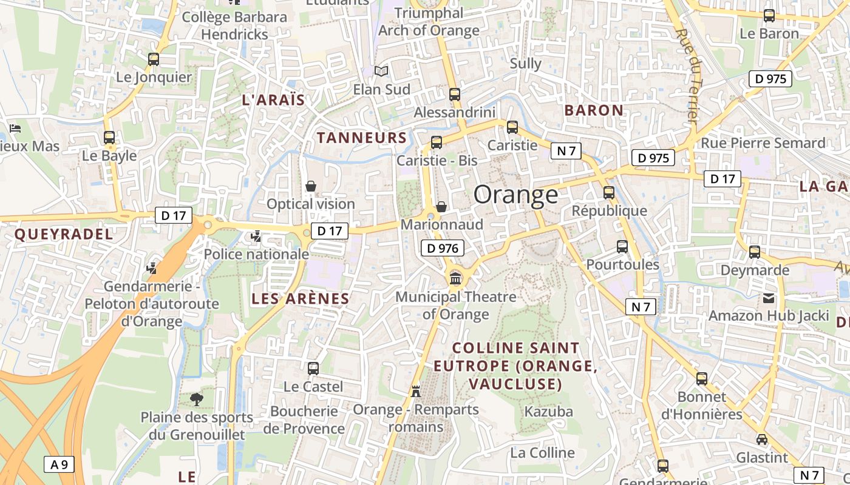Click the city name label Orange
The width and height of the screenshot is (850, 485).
tap(515, 195)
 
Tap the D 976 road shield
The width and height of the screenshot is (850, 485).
tap(443, 248)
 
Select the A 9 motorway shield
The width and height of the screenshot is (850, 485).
tap(59, 465)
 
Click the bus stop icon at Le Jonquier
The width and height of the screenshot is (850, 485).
tap(154, 59)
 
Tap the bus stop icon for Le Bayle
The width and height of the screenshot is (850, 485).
tap(109, 138)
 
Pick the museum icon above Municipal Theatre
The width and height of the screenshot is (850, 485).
tap(455, 279)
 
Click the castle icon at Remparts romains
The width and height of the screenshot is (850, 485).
tap(416, 391)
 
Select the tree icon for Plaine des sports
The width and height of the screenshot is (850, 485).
tap(197, 399)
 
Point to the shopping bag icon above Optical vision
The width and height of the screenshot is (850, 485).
tap(311, 186)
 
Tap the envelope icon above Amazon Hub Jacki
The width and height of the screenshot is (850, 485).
tap(769, 298)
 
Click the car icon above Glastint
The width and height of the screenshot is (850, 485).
tap(761, 440)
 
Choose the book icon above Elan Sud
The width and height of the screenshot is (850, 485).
tap(381, 72)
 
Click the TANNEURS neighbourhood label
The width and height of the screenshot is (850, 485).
tap(362, 138)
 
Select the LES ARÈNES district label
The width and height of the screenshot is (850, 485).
tap(301, 298)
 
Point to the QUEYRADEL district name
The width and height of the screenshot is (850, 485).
tap(63, 235)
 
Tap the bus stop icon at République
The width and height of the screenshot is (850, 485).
tap(609, 193)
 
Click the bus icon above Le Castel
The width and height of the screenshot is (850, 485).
tap(313, 368)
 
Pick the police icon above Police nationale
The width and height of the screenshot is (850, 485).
tap(256, 236)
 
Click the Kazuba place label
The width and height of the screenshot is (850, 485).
tap(548, 412)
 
